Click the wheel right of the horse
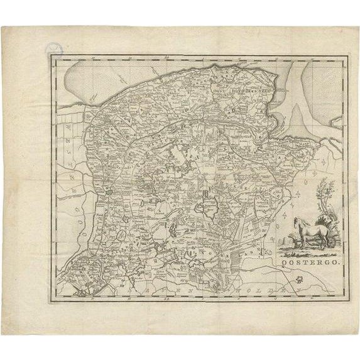pos(327,242)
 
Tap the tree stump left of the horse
pos(290,239)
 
